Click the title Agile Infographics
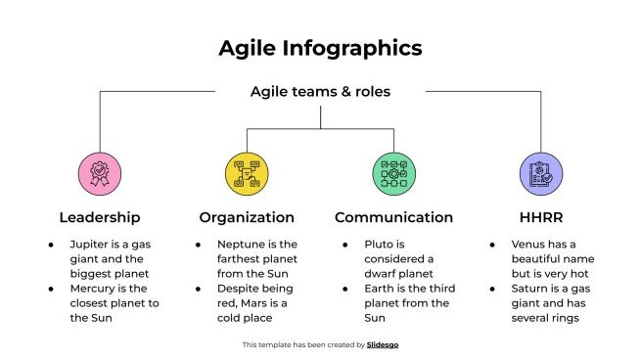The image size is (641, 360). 320,48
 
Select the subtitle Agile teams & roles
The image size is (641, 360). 320,92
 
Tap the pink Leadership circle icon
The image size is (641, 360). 99,172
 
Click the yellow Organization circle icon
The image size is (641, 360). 246,172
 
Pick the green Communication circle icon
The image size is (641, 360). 393,172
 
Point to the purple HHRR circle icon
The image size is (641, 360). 540,172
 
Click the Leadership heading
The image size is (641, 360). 99,217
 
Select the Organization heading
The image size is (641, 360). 246,217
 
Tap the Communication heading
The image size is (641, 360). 393,217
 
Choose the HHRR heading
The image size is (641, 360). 540,217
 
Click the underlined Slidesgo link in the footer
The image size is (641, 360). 383,344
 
